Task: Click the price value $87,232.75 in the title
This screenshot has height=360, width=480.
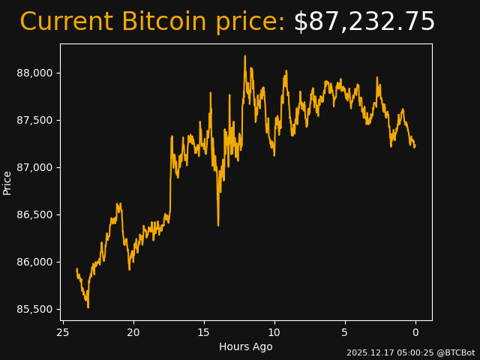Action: (x=364, y=22)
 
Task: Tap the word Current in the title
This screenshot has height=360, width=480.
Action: (x=66, y=22)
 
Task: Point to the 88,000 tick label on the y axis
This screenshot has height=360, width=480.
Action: (x=35, y=73)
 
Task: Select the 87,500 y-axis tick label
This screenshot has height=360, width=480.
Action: (x=35, y=120)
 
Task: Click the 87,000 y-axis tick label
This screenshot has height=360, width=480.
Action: (x=35, y=167)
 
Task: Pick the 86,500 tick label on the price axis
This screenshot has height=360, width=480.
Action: (x=35, y=214)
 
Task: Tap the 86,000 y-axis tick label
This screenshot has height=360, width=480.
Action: (x=35, y=262)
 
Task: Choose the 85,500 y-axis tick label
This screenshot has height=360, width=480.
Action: (x=35, y=309)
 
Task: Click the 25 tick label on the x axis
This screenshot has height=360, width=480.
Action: (x=63, y=332)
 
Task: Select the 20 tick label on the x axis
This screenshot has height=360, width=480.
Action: (x=133, y=332)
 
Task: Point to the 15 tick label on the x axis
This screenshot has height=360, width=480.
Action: (x=204, y=332)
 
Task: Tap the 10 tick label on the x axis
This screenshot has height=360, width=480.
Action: (x=274, y=332)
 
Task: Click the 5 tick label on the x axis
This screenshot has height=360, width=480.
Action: (x=345, y=332)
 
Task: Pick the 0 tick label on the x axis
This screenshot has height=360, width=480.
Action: (x=415, y=332)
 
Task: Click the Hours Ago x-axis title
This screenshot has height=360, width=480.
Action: (x=246, y=346)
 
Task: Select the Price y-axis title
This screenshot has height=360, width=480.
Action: (x=7, y=182)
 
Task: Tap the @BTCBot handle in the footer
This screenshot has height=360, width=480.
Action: (x=457, y=352)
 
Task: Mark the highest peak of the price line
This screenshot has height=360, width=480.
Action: (x=244, y=55)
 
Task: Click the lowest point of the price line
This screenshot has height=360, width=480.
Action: (x=88, y=307)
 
